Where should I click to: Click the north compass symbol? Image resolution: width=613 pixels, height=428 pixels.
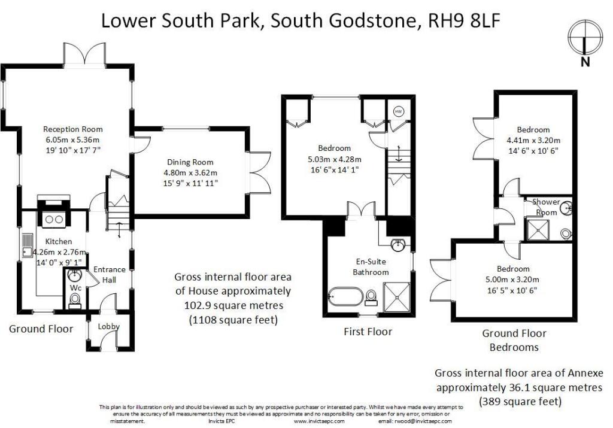tap(584, 37)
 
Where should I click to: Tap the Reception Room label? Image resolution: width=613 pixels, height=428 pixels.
tap(72, 129)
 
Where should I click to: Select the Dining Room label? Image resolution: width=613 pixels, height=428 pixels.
tap(191, 162)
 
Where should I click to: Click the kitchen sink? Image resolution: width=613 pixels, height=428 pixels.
tap(28, 246)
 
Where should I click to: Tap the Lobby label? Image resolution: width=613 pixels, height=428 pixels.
tap(110, 327)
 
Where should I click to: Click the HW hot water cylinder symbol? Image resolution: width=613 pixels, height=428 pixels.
tap(399, 111)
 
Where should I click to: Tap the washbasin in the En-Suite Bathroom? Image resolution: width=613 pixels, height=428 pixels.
tap(398, 246)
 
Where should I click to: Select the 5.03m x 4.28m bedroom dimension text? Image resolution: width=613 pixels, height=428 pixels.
tap(335, 159)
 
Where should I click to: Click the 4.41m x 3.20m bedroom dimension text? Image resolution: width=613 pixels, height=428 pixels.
tap(533, 141)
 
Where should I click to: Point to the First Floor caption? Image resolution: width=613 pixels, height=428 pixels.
tap(368, 332)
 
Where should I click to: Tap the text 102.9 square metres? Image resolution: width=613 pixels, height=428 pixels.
tap(232, 305)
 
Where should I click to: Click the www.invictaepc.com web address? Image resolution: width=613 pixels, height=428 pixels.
tap(320, 421)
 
